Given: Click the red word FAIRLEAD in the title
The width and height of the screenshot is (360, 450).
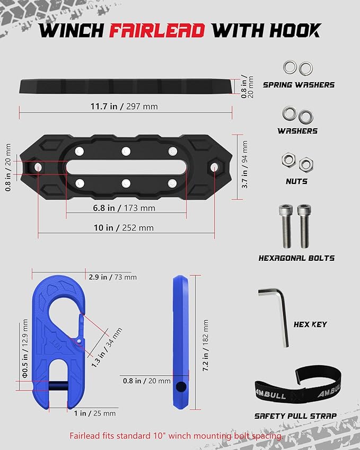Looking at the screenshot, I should [157, 30].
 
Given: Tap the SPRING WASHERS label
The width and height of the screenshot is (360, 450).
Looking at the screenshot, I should [298, 85].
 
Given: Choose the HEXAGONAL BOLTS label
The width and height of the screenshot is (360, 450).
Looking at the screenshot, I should [296, 258].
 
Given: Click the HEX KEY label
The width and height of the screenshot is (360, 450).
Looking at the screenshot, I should [310, 324].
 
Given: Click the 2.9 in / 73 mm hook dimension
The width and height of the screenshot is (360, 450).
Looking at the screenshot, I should [112, 277].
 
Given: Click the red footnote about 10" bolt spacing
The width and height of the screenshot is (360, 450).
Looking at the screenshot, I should [175, 436].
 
